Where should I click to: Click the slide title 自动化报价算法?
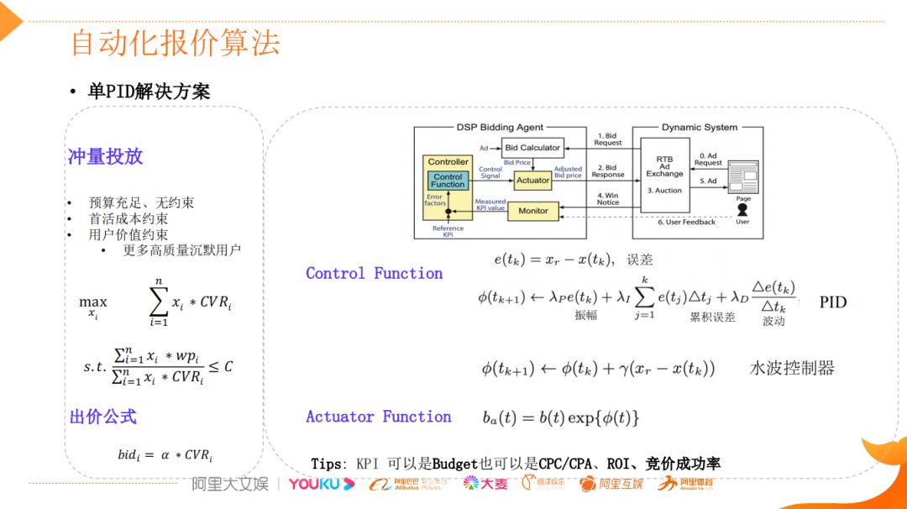pos(175,43)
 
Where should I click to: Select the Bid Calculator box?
pos(532,148)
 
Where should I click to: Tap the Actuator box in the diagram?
pos(532,180)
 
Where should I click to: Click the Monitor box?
pos(532,211)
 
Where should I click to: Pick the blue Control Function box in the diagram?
pos(448,181)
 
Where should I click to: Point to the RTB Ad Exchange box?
pos(664,172)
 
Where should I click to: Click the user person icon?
pos(742,210)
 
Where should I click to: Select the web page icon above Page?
pos(742,176)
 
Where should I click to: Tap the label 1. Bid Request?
pos(608,139)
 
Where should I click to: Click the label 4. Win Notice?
pos(608,199)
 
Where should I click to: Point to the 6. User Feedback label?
pos(686,222)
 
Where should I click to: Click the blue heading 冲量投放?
pos(105,156)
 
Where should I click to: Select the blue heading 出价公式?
pos(102,417)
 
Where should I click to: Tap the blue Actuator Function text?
pos(378,417)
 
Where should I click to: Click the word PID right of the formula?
pos(832,302)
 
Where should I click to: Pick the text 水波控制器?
pos(791,368)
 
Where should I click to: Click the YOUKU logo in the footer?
pos(321,484)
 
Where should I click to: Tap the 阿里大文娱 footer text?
pos(230,484)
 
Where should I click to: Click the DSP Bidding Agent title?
pos(500,128)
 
